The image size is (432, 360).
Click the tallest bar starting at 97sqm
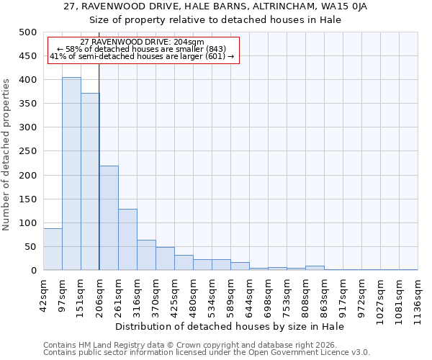71,174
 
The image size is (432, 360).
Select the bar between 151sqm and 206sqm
90,181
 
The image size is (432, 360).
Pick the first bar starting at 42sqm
53,249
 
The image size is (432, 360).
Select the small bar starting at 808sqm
315,268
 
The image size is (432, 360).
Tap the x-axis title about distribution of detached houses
230,326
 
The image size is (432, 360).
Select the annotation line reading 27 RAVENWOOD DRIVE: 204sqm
142,42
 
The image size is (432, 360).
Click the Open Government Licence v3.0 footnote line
207,352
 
